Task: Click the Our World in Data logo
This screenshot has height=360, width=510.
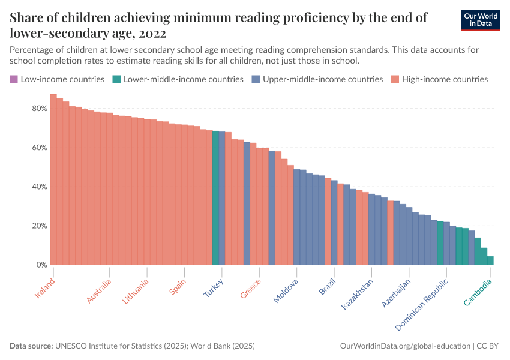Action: (481, 20)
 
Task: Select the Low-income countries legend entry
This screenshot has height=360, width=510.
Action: (57, 79)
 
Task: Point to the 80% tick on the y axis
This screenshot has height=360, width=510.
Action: (39, 109)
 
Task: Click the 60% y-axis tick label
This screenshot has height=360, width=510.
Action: (39, 148)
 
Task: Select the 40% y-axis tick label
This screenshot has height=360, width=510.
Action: (39, 187)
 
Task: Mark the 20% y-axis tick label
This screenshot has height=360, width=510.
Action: (39, 226)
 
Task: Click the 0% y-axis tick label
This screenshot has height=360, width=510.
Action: (41, 265)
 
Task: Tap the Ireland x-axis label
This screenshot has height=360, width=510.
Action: (45, 287)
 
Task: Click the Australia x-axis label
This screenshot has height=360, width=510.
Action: (99, 290)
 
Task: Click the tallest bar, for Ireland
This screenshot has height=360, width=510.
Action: (53, 180)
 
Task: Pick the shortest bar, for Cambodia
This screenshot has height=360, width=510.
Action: (490, 260)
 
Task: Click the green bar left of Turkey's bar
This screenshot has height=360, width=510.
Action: (215, 198)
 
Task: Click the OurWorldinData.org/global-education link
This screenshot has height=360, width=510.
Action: (406, 346)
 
